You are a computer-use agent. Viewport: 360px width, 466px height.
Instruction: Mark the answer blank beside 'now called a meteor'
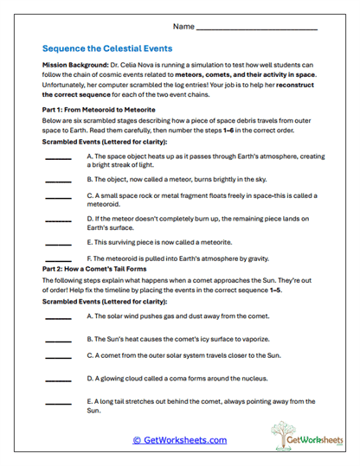click(x=58, y=183)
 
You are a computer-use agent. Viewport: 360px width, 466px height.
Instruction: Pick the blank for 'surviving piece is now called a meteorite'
click(x=58, y=245)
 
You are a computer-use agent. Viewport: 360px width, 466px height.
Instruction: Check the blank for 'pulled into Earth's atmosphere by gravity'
click(x=58, y=259)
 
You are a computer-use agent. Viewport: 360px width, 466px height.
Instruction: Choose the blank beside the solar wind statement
click(x=58, y=319)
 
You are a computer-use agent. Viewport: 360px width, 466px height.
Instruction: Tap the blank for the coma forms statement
click(x=58, y=380)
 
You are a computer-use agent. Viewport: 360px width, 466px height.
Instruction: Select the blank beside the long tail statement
click(x=58, y=404)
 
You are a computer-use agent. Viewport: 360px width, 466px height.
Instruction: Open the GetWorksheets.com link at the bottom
click(x=180, y=440)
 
